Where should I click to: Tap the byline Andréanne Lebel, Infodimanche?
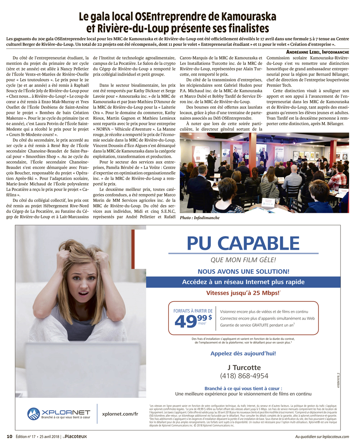[x=318, y=52]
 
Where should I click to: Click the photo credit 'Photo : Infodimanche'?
[x=199, y=218]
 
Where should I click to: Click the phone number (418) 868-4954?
[x=244, y=376]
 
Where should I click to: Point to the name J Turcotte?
[x=244, y=367]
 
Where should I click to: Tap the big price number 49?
[x=186, y=322]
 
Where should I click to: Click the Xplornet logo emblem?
[x=34, y=414]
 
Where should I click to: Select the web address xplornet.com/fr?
[x=120, y=414]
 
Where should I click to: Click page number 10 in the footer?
[x=9, y=436]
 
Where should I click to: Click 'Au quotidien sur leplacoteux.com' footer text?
[x=322, y=437]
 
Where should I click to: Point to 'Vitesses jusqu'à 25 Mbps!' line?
[x=243, y=293]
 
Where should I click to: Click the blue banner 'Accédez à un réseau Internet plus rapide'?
[x=243, y=282]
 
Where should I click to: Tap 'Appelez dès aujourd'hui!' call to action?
[x=243, y=353]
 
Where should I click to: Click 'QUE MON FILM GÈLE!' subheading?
[x=243, y=260]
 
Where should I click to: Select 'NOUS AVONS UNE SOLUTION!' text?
[x=243, y=271]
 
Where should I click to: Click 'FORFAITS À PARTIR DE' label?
[x=193, y=311]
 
